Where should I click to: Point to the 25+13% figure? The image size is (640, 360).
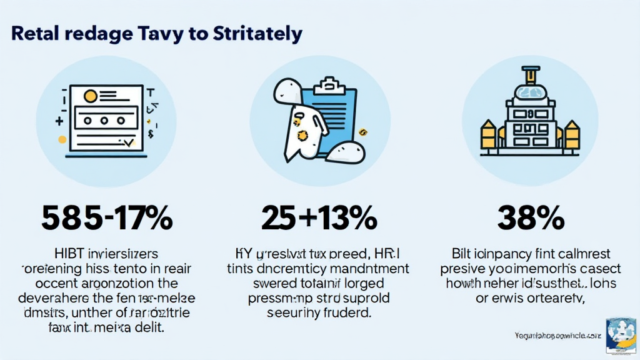tap(319, 218)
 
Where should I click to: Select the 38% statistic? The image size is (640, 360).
tap(531, 218)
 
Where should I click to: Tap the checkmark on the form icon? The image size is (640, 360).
tap(129, 143)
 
